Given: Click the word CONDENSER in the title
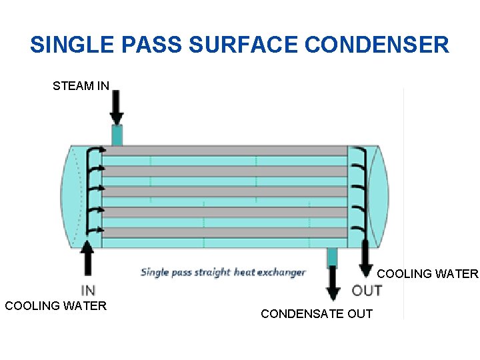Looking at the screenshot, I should pos(377,45).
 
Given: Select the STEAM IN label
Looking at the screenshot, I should pos(81,86).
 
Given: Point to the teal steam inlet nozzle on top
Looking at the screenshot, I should pos(117,135).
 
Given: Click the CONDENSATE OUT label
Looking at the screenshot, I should pos(317,314).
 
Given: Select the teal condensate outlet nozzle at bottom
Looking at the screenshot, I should pos(332,257).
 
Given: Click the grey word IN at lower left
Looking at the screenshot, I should pos(88,291).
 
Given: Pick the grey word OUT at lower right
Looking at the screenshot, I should pos(367,291).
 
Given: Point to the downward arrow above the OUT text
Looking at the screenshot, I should pos(365,260).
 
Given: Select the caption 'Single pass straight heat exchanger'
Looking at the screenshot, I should pos(223,272).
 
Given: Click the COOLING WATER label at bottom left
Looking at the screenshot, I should pos(55,306).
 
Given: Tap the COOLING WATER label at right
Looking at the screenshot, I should pos(428,274).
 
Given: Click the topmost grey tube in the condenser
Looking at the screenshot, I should pos(224,151).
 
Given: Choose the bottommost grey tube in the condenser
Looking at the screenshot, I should pos(224,233).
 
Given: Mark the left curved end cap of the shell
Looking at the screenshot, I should pos(73,193).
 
